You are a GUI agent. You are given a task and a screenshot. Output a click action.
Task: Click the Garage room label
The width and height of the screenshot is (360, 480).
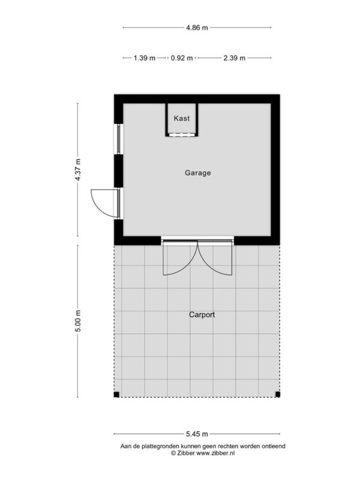[198, 173]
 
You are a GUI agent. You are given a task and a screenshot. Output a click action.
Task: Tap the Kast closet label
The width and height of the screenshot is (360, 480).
[182, 118]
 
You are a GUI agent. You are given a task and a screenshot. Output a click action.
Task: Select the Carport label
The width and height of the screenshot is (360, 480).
[202, 314]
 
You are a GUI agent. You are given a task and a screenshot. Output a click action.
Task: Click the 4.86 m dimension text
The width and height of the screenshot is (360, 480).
[197, 28]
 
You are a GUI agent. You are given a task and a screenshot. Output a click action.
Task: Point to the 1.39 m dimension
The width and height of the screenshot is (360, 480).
[145, 58]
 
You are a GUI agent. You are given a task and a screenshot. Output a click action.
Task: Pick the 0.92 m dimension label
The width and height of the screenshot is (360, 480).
[182, 58]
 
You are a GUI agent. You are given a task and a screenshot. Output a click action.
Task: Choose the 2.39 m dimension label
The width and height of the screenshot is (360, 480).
[234, 58]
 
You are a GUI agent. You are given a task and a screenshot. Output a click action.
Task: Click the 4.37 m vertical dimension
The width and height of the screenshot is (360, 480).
[78, 170]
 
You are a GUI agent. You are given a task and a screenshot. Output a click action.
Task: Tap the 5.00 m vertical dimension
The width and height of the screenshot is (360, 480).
[78, 321]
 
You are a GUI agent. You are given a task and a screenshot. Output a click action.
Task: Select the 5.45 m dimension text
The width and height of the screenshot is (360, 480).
[197, 434]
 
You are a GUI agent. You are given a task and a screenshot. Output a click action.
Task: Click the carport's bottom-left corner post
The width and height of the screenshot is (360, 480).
[116, 395]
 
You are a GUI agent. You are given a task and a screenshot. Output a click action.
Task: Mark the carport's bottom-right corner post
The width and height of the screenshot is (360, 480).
[278, 395]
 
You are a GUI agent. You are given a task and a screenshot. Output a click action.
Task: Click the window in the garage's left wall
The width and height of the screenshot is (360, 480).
[119, 139]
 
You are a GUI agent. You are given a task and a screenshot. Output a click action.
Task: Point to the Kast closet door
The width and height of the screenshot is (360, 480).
[182, 134]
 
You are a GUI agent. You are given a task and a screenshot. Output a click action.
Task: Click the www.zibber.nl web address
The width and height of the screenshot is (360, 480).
[215, 454]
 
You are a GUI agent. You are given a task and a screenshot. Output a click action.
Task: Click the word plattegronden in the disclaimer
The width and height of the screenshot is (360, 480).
[160, 446]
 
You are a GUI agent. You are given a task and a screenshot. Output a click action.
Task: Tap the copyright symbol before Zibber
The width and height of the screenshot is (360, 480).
[173, 454]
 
